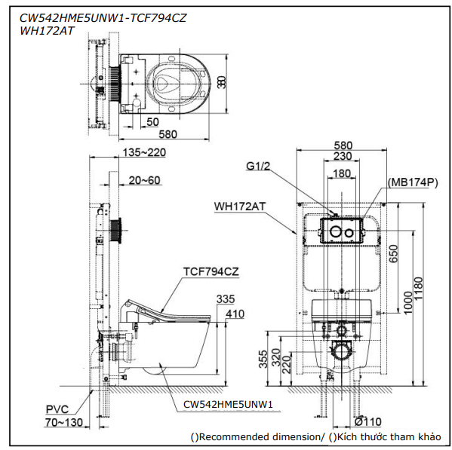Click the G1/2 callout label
258,166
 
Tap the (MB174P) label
413,182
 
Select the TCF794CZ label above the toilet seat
211,271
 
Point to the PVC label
57,409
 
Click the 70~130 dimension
64,422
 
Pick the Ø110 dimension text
368,422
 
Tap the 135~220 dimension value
144,152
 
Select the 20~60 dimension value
144,180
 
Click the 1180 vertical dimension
418,289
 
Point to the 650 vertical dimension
393,253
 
